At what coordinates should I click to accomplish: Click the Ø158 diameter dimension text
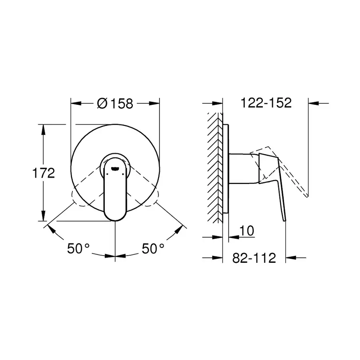click(x=115, y=104)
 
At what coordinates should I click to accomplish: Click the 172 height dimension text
click(x=43, y=173)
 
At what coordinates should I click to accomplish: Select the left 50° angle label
click(x=78, y=249)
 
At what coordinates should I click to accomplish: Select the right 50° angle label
click(x=153, y=249)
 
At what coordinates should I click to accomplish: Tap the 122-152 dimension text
click(x=266, y=103)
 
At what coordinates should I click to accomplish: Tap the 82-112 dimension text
click(x=254, y=258)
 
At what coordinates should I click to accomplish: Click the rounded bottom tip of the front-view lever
click(x=115, y=218)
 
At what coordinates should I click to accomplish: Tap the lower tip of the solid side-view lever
click(x=285, y=219)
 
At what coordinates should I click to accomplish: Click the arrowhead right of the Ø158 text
click(x=155, y=104)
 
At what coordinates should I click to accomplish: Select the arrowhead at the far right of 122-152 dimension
click(x=313, y=103)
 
